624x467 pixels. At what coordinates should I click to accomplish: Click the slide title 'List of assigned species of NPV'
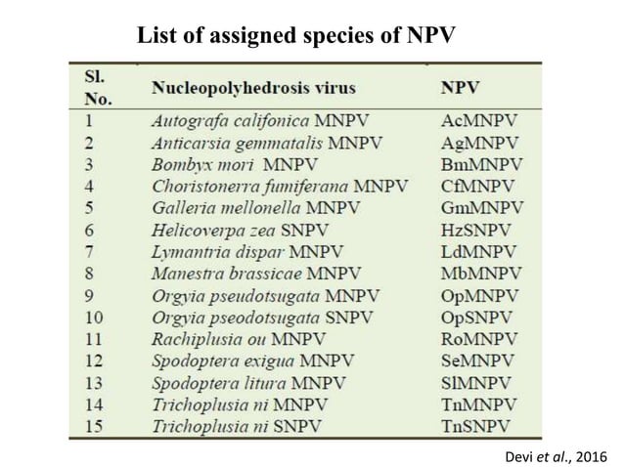click(295, 37)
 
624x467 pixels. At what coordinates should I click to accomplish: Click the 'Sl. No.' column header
click(99, 86)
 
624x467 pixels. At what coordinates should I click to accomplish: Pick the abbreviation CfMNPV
click(480, 186)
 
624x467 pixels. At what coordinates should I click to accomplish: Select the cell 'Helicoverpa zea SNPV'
click(237, 229)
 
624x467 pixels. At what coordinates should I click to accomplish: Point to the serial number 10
click(94, 316)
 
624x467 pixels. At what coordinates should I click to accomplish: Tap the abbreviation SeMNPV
click(480, 360)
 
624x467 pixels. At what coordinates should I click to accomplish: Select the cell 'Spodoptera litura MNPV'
click(249, 381)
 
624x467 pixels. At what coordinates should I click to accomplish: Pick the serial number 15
click(94, 425)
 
